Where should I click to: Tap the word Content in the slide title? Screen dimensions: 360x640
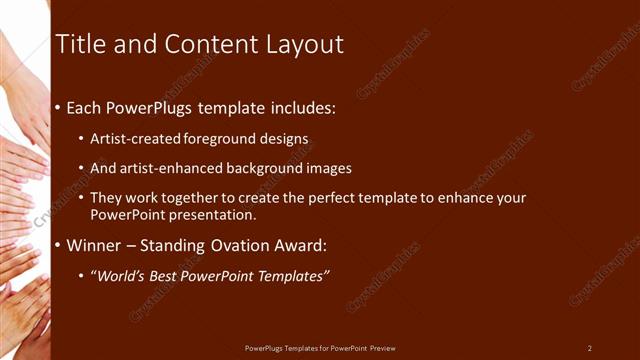click(206, 44)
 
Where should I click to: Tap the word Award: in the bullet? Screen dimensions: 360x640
click(299, 245)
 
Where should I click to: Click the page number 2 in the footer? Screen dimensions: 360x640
click(589, 348)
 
